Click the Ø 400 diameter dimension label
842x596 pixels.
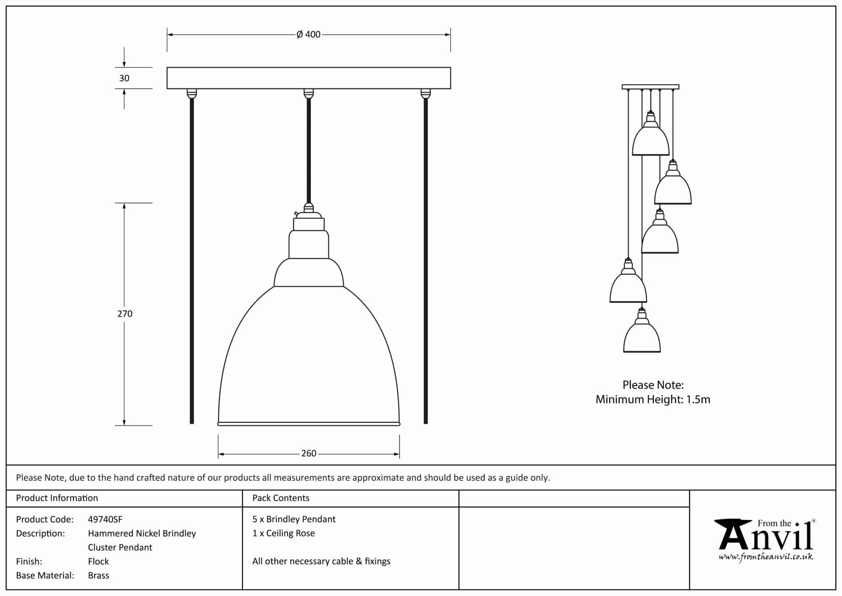[308, 35]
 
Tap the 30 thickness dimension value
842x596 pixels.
[124, 78]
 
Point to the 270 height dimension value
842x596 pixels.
[125, 314]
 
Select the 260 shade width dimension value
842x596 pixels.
[308, 454]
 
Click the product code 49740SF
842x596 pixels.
[105, 519]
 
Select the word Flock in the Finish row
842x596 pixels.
[98, 561]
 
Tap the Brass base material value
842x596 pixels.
[98, 575]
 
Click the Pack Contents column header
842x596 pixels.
[280, 498]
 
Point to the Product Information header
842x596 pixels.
[57, 498]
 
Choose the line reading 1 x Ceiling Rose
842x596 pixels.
[283, 533]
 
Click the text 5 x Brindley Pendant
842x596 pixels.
[294, 519]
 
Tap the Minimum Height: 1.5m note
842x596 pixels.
[652, 399]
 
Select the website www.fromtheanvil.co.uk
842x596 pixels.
[766, 557]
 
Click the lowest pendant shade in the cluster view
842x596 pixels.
[642, 338]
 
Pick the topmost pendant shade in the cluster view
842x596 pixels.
[650, 140]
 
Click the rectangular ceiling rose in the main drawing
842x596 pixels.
[308, 78]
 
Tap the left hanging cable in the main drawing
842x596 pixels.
[192, 259]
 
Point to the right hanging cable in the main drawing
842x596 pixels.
[426, 259]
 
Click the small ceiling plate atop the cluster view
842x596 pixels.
[650, 87]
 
